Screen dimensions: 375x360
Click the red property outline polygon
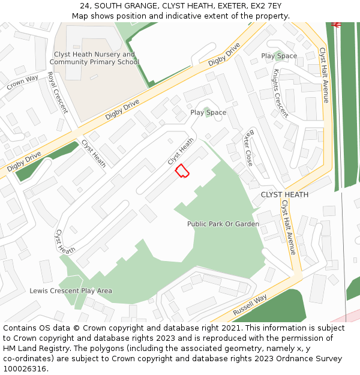[182, 171]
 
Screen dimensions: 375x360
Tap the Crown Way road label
[23, 82]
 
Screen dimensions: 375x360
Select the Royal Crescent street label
[57, 92]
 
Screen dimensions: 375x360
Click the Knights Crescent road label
[280, 93]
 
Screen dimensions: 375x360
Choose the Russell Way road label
[250, 306]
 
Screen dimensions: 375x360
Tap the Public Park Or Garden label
[223, 224]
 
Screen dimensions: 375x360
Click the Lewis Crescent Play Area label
[71, 291]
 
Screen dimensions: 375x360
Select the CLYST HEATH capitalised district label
[284, 194]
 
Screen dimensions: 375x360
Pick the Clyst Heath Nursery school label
[94, 58]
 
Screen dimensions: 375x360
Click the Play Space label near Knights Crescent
[279, 56]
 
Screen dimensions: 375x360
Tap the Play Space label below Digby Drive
[208, 112]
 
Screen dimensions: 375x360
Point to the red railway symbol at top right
[336, 25]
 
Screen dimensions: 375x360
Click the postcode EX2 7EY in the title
[267, 5]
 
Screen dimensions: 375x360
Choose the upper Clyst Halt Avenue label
[324, 75]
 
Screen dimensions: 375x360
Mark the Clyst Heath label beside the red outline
[181, 151]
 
